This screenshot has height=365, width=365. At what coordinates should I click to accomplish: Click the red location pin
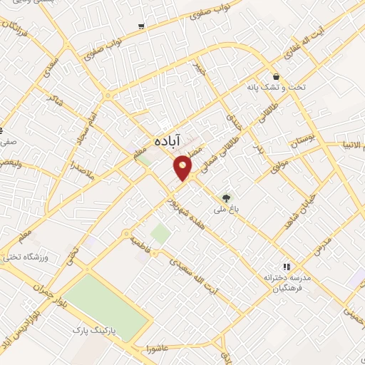click(x=183, y=166)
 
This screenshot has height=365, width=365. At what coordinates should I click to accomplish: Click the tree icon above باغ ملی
click(x=226, y=198)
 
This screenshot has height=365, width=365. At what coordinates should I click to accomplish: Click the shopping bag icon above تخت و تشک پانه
click(x=275, y=76)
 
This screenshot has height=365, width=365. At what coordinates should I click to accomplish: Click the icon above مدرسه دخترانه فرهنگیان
click(x=287, y=267)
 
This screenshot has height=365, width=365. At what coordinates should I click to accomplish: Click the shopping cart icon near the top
click(x=141, y=26)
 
